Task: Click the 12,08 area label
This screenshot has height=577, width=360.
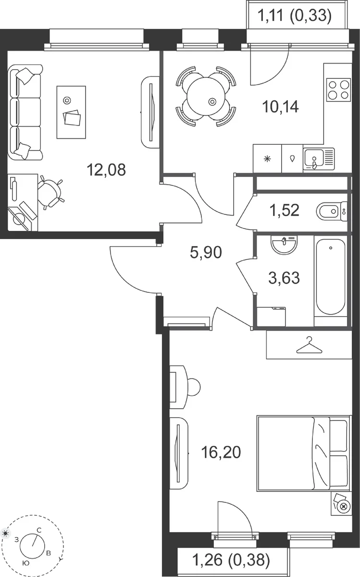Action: click(106, 170)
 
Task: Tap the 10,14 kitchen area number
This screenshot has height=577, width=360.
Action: click(280, 107)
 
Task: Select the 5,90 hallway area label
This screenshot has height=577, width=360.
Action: click(206, 252)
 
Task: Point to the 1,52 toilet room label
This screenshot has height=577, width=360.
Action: click(284, 210)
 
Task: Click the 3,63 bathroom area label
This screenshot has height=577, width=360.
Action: click(284, 278)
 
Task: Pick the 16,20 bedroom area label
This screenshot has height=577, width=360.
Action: click(221, 452)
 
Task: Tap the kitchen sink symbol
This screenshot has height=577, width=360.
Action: click(319, 159)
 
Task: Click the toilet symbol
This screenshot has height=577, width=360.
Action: click(332, 212)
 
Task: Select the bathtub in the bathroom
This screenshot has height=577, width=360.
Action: click(330, 277)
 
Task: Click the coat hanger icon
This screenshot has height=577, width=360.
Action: click(309, 345)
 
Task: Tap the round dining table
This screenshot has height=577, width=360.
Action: click(206, 97)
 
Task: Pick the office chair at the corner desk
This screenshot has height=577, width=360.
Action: click(50, 192)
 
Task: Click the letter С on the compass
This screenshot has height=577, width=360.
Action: click(39, 530)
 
